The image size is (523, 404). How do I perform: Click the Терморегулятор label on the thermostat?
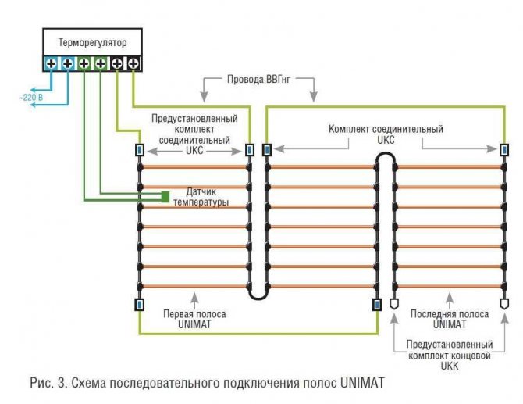point(92,42)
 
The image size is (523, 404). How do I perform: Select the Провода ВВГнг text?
point(258,80)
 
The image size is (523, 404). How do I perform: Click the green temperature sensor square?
point(165,196)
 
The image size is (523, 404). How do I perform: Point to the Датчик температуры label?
point(207,197)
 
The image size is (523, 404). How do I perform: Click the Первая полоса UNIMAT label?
point(194,319)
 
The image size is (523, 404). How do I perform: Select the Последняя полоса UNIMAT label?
point(449,319)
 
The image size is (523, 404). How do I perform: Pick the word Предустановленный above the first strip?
point(194,118)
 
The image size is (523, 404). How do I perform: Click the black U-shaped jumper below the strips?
point(258,293)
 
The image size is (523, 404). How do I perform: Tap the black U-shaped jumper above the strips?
point(385,159)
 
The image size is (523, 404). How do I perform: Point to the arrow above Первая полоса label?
point(194,298)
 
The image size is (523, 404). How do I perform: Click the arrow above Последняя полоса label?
point(449,298)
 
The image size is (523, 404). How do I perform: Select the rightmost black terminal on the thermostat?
point(133,63)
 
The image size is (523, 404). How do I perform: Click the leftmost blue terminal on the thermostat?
point(52,63)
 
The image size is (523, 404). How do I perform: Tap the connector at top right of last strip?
point(503,149)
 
